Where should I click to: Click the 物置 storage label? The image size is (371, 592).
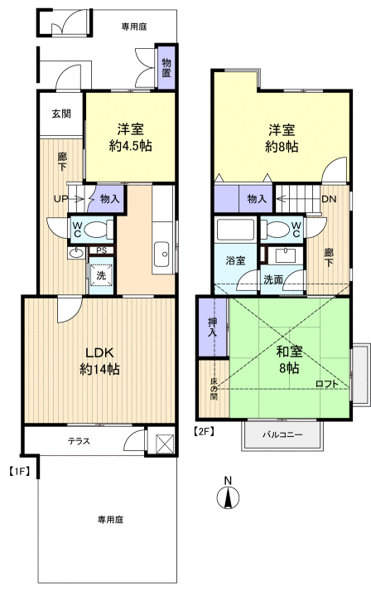pyautogui.click(x=166, y=68)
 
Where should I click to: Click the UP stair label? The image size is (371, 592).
pyautogui.click(x=61, y=199)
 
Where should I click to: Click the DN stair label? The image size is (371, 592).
pyautogui.click(x=329, y=199)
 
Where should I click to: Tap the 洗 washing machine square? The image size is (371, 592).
pyautogui.click(x=100, y=274)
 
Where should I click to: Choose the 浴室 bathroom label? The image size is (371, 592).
pyautogui.click(x=236, y=260)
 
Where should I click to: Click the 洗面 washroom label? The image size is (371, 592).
pyautogui.click(x=273, y=279)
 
